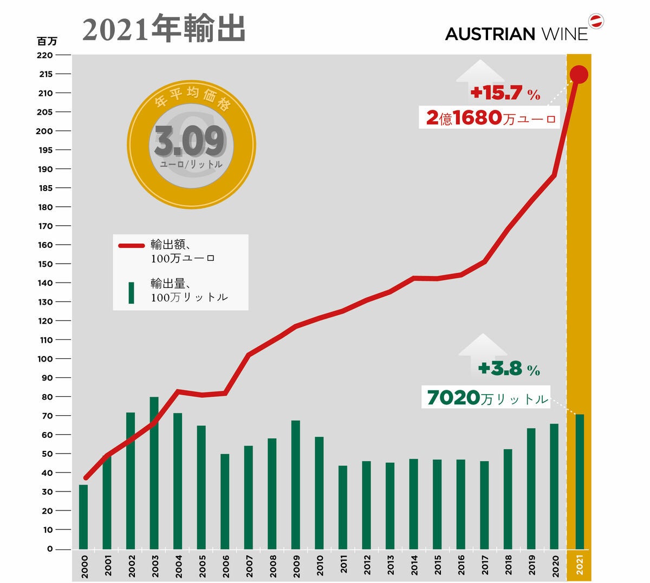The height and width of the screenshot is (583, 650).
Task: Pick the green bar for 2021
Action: (580, 481)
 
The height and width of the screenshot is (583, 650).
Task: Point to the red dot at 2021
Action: (579, 74)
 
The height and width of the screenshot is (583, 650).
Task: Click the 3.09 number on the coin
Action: (189, 140)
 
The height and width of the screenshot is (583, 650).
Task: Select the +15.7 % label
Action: (505, 93)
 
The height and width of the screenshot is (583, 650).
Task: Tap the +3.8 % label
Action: (509, 370)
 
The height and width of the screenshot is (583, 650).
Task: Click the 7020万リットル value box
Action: (487, 398)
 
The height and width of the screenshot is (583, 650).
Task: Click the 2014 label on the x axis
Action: (414, 565)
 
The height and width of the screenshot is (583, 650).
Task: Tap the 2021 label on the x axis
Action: (579, 565)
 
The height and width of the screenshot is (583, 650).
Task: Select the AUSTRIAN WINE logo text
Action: (516, 34)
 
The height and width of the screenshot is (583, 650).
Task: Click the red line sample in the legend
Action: (132, 245)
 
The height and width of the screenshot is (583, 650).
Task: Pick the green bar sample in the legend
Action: (131, 293)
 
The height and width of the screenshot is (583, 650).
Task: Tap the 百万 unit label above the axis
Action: (47, 41)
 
